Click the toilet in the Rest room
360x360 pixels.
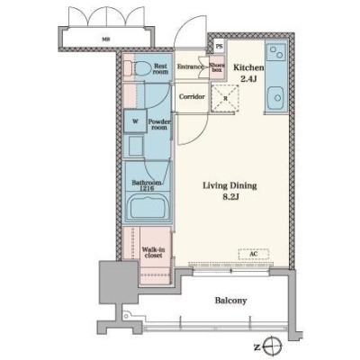click(x=138, y=68)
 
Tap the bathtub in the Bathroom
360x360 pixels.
click(x=147, y=207)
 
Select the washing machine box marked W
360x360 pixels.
click(x=135, y=121)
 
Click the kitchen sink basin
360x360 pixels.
click(x=275, y=98)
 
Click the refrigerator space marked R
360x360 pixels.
click(x=225, y=98)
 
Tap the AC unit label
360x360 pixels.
click(x=254, y=254)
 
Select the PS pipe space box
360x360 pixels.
click(x=220, y=47)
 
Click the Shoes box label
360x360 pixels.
click(x=217, y=67)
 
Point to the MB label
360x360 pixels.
click(x=105, y=39)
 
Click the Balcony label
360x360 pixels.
click(x=230, y=301)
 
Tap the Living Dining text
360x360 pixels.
click(x=229, y=186)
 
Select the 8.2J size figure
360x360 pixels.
click(x=230, y=197)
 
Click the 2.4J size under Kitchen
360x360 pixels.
click(x=248, y=79)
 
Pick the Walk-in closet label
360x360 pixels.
click(x=153, y=253)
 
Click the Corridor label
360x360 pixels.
click(x=192, y=96)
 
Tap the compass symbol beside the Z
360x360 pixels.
click(x=273, y=347)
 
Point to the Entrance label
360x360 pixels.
click(x=190, y=67)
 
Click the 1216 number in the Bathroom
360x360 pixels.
click(x=147, y=189)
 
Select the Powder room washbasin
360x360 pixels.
click(x=136, y=146)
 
